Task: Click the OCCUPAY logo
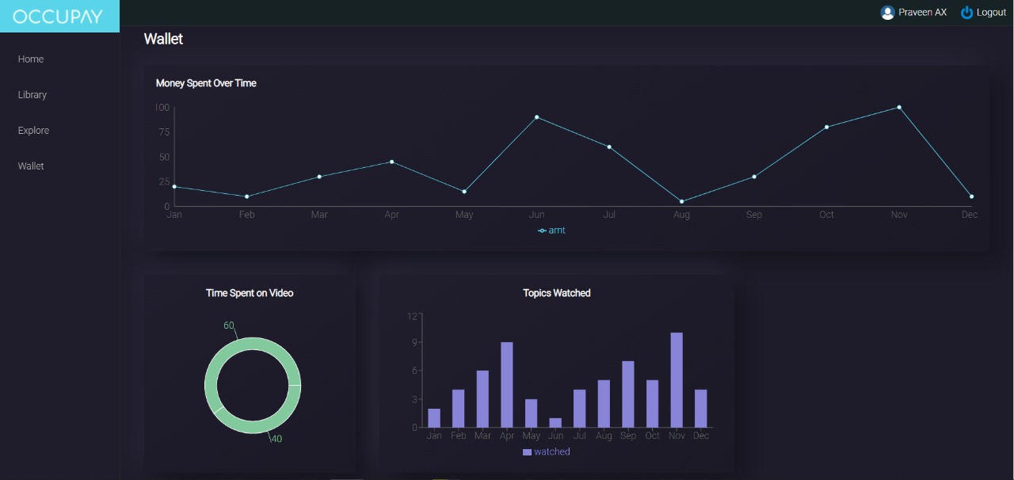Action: coord(58,16)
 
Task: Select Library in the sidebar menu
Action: coord(32,95)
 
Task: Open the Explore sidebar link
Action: coord(33,131)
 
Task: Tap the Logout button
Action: coord(983,13)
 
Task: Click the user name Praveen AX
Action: coord(922,13)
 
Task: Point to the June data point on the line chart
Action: coord(536,117)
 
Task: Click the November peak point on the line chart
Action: coord(899,107)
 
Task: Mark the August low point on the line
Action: coord(681,201)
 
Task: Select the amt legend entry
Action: coord(552,230)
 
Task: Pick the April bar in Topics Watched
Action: coord(507,385)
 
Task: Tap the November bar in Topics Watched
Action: coord(677,380)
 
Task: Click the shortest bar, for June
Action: coord(555,423)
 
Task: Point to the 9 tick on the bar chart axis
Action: coord(413,343)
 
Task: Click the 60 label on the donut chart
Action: coord(229,326)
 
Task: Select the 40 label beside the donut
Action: coord(276,439)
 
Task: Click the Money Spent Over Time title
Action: coord(206,83)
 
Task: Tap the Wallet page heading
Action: coord(163,39)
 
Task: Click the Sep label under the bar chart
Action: coord(628,436)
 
